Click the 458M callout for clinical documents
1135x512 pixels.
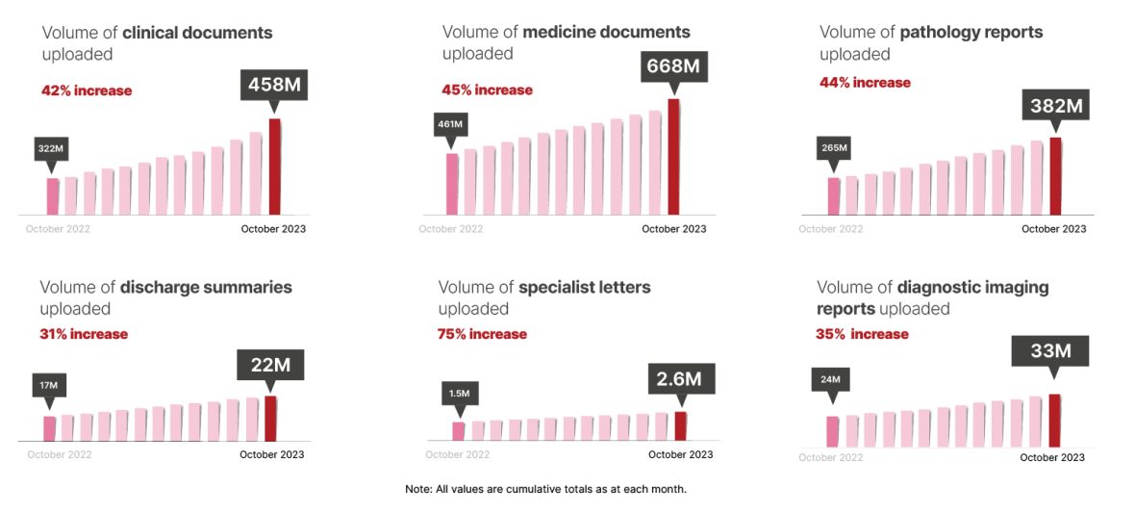pos(275,85)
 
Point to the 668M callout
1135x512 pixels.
pos(674,66)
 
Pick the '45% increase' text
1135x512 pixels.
pos(488,90)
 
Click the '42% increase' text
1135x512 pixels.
pos(87,91)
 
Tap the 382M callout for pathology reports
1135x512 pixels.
pos(1056,105)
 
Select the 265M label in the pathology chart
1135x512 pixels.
pos(834,148)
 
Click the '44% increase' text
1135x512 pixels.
pos(866,83)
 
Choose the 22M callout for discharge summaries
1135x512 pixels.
pos(271,365)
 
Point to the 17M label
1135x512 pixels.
pos(49,386)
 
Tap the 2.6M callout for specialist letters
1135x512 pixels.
pos(681,379)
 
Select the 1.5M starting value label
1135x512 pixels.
pos(459,392)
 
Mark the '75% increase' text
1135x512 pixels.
pos(483,334)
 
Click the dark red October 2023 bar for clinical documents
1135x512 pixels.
pos(274,166)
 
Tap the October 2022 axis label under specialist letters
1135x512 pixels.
pos(458,454)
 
